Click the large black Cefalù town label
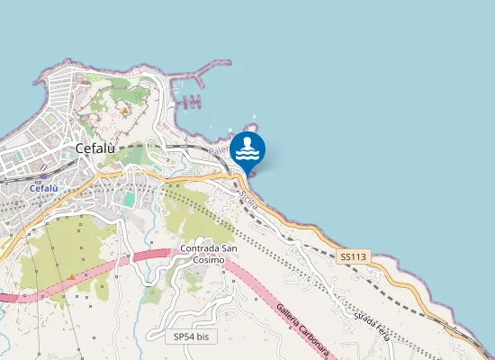coord(101,150)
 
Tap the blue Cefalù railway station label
coord(44,189)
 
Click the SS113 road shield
coord(355,257)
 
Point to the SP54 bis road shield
coord(191,336)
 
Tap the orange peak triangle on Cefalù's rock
coord(124,111)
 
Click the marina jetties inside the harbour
coord(190,101)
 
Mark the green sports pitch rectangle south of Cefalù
coord(130,198)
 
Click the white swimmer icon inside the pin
coord(247,148)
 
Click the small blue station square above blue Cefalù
coord(42,178)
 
